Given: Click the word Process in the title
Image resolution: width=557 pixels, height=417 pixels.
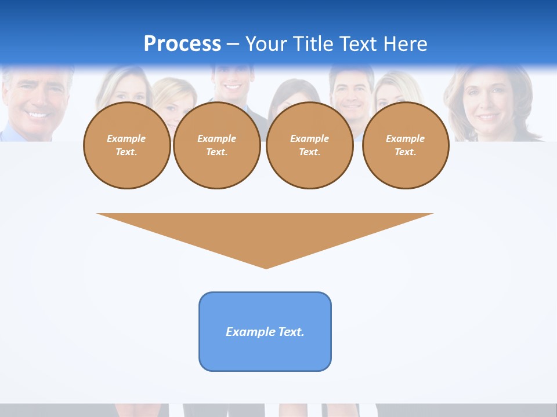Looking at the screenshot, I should [182, 44].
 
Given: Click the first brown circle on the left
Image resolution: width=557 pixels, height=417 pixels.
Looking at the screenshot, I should [126, 145].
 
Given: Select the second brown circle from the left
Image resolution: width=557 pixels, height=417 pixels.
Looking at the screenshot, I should [217, 145].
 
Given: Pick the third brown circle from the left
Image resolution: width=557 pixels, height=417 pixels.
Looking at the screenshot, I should [309, 145].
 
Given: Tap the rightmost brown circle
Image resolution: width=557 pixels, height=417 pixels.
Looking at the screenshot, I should [406, 145].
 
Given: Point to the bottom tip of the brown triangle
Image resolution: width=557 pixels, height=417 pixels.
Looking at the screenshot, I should [266, 267].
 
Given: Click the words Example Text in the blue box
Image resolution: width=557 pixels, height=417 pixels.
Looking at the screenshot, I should [265, 332].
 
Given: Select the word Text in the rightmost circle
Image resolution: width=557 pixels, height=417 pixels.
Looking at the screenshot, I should [405, 152].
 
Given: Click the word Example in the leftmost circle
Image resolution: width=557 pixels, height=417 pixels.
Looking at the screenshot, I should [126, 139].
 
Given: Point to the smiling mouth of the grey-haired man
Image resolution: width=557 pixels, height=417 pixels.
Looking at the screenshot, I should [37, 114].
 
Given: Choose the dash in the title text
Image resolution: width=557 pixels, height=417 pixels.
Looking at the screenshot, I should [233, 44].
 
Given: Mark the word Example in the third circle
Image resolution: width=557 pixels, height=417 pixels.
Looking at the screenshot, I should [309, 139].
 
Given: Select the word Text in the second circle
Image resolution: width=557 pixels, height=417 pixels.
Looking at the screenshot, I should [216, 152].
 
